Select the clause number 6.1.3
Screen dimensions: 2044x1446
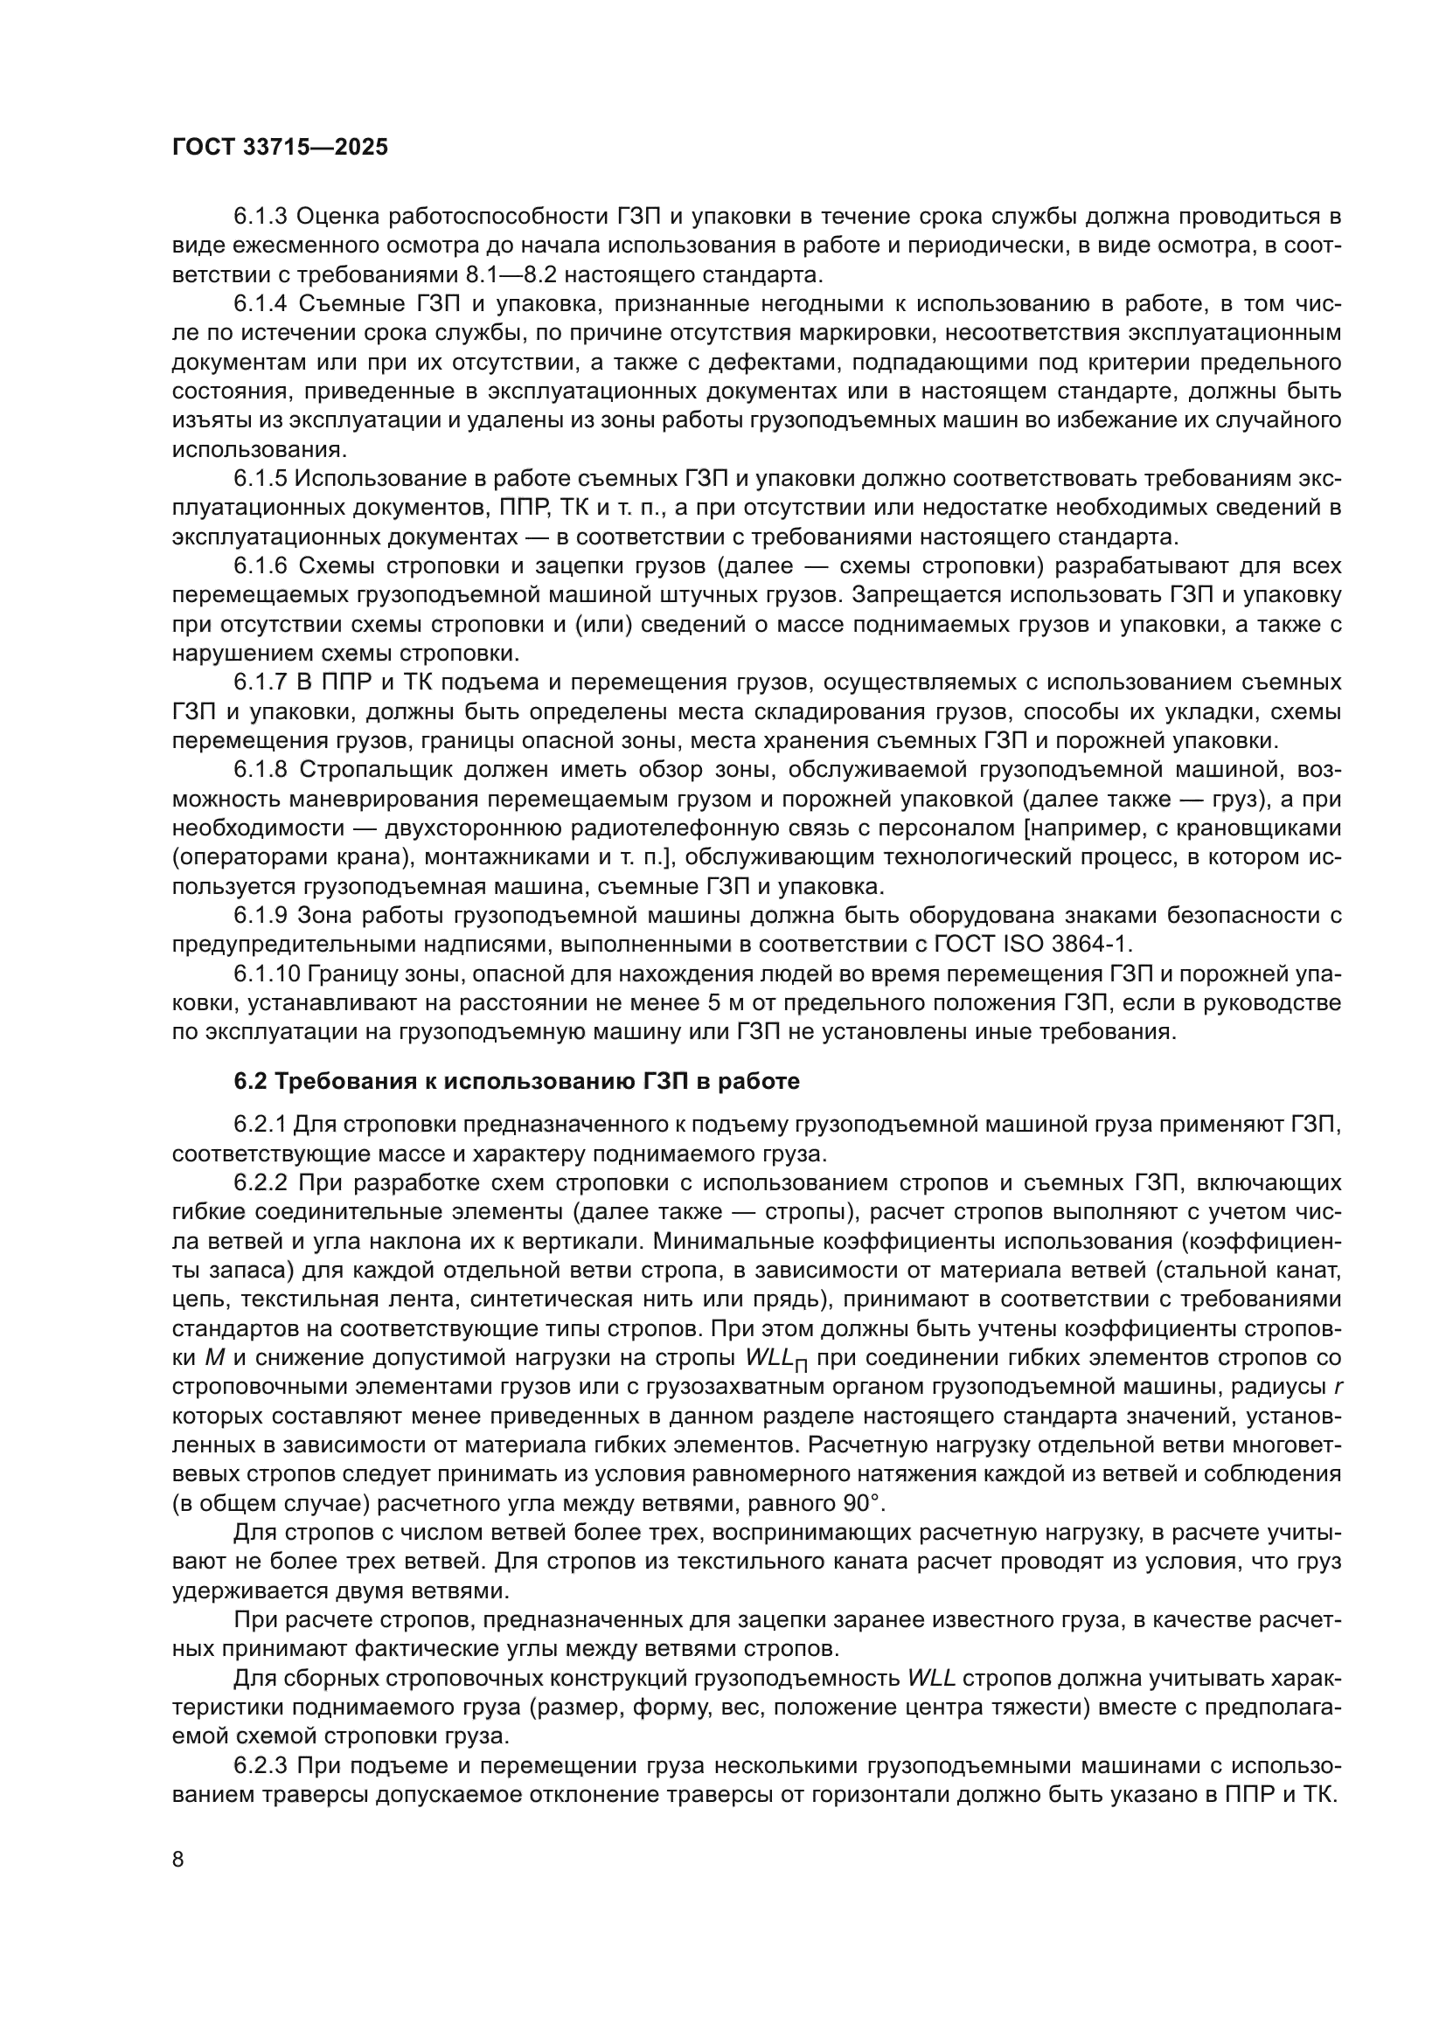[x=260, y=217]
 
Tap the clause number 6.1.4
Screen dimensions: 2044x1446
[x=260, y=303]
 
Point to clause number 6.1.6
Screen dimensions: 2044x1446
[x=260, y=566]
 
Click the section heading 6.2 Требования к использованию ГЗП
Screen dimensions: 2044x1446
[x=517, y=1081]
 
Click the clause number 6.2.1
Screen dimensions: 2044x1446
[x=260, y=1126]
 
